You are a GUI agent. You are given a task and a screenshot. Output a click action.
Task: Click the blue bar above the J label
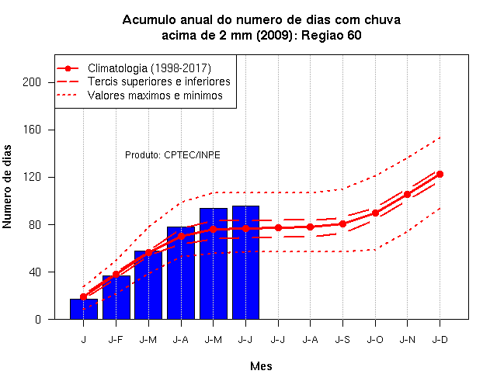coord(84,309)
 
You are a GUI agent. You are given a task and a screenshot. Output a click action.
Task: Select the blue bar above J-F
coord(116,297)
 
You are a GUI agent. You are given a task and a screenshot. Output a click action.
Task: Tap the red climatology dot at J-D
coord(440,174)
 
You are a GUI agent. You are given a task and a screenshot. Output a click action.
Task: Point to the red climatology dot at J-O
coord(375,213)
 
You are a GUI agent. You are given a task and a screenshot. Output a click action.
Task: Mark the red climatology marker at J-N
coord(407,195)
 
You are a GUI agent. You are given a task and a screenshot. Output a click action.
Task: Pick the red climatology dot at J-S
coord(342,224)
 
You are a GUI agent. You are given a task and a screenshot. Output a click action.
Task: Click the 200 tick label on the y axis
coord(32,82)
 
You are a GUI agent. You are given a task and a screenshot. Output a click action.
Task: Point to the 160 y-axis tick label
coord(32,130)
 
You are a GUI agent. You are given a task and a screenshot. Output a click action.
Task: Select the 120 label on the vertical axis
coord(32,177)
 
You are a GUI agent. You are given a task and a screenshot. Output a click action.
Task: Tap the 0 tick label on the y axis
coord(38,319)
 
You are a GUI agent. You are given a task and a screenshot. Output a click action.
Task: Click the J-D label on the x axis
coord(440,340)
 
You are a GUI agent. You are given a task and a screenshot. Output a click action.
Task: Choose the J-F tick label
coord(116,340)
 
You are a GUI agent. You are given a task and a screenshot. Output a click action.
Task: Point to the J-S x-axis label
coord(342,340)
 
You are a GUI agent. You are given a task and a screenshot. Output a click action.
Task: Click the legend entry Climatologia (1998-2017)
coord(149,68)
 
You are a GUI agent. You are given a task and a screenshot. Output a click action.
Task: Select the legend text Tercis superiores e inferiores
coord(158,81)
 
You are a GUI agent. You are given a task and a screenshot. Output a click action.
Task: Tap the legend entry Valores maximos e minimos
coord(155,95)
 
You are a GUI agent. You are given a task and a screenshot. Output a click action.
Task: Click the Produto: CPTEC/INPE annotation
coord(172,155)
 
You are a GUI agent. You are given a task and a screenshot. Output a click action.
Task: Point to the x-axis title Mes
coord(261,366)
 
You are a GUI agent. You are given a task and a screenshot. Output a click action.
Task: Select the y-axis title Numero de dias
coord(7,187)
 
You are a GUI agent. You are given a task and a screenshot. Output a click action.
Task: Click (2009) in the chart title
coord(275,35)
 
